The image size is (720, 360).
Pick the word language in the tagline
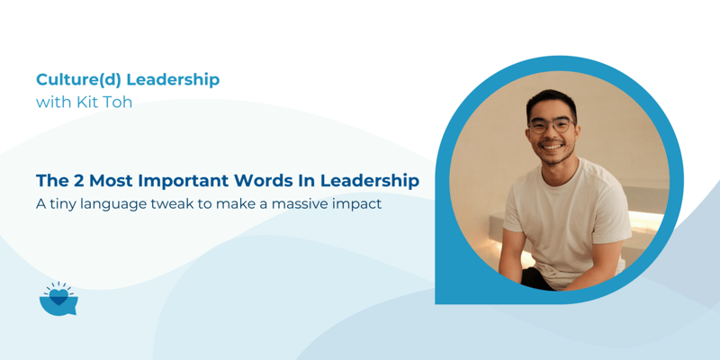coord(124,205)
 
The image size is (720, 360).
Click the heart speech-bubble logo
coord(58,299)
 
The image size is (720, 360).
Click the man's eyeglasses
coord(550,126)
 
